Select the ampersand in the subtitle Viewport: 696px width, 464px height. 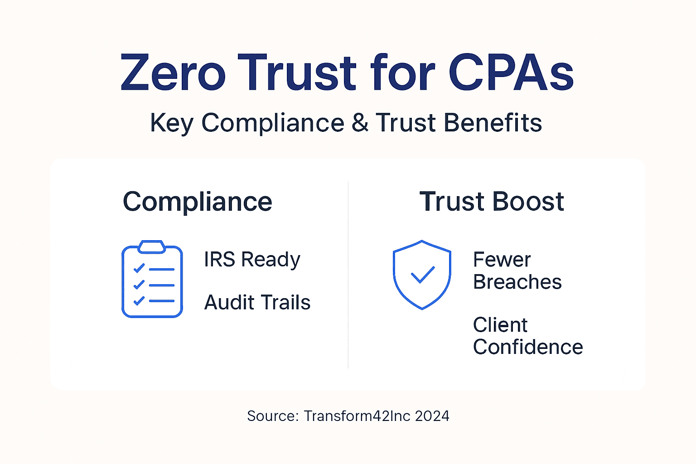tap(360, 123)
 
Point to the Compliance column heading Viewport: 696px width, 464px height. tap(198, 202)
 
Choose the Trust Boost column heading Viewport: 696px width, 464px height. tap(492, 202)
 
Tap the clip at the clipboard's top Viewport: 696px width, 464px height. tap(152, 246)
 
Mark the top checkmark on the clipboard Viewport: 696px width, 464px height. tap(139, 268)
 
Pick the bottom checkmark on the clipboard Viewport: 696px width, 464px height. tap(139, 300)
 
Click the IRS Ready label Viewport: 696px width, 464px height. tap(252, 260)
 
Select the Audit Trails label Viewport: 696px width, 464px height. tap(257, 303)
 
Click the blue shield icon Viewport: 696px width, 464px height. tap(422, 275)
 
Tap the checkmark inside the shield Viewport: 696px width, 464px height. tap(422, 275)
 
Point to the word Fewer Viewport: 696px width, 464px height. tap(502, 260)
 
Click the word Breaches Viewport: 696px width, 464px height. tap(517, 282)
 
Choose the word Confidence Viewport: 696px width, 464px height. tap(528, 348)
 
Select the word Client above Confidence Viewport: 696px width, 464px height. tap(500, 325)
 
